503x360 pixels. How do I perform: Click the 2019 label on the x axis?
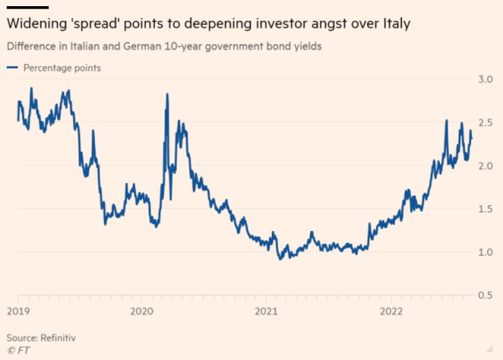18,310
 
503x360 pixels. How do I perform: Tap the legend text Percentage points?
62,68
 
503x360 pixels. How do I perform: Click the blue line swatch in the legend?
12,68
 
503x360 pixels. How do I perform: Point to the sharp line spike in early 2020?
167,95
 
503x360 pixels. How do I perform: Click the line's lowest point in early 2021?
280,259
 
